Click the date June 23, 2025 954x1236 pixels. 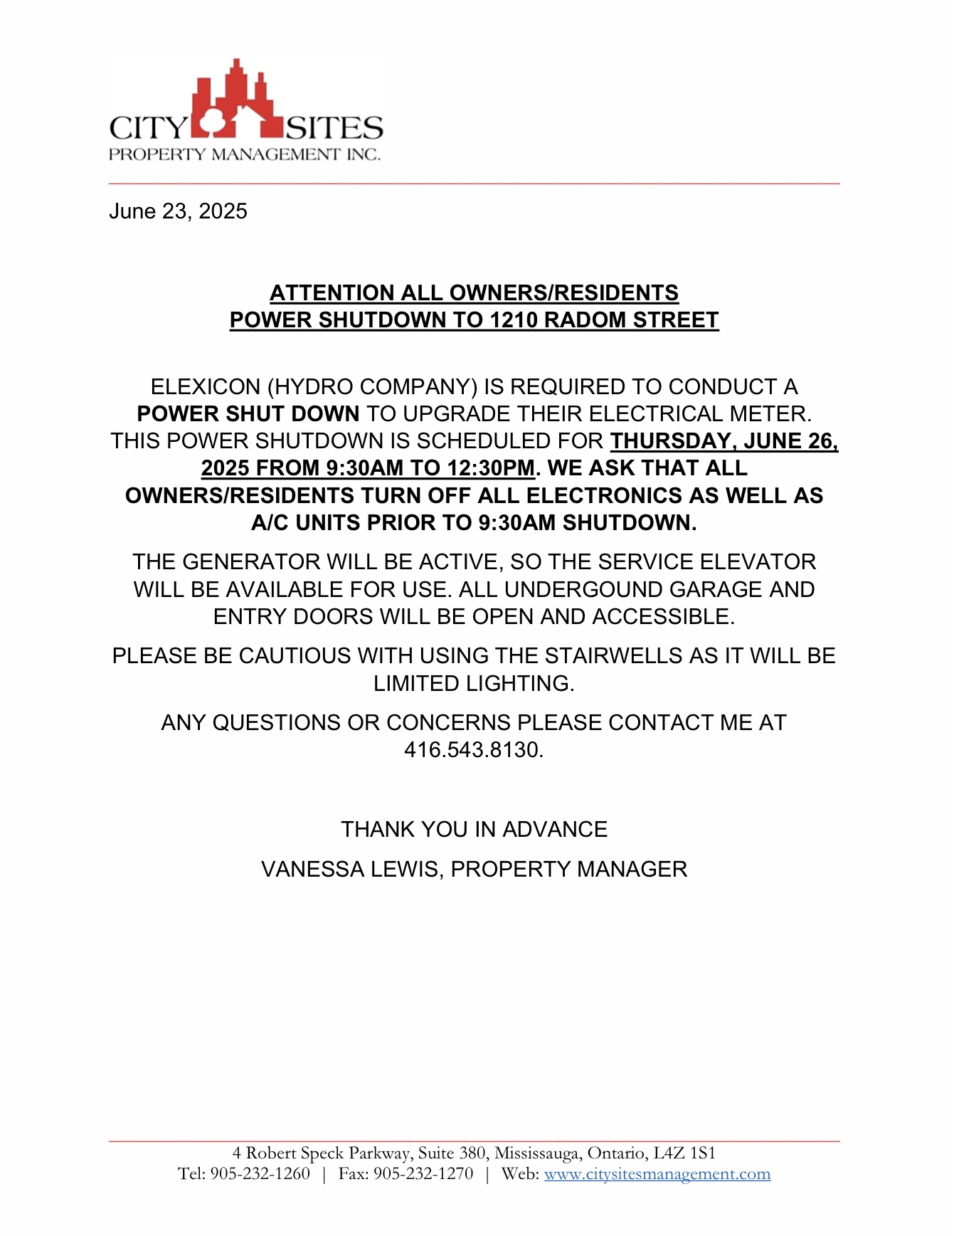click(178, 211)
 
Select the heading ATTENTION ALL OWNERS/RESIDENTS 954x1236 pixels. click(474, 293)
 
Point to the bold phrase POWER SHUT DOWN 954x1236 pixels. click(248, 414)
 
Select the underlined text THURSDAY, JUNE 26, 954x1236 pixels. click(724, 441)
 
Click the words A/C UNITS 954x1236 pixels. click(307, 523)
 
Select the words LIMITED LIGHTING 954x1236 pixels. click(474, 684)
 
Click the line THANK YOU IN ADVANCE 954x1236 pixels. click(474, 830)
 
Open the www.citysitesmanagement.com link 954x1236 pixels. click(657, 1174)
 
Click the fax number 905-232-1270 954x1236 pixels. click(423, 1174)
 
